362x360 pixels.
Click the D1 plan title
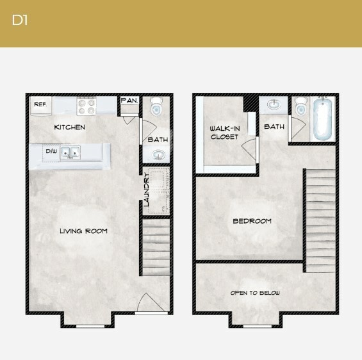coord(20,20)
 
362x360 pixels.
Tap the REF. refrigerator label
coord(40,104)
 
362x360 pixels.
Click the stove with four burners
coord(86,105)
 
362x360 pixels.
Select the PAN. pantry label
coord(129,101)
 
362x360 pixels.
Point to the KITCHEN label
coord(69,127)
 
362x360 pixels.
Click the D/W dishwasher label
coord(51,152)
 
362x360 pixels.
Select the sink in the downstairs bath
coord(158,154)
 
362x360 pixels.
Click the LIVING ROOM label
coord(83,231)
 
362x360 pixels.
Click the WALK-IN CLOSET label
coord(224,133)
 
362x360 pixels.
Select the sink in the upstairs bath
coord(274,104)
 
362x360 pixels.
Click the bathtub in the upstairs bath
coord(322,119)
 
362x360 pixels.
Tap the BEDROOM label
coord(252,221)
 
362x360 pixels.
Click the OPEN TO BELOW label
coord(255,293)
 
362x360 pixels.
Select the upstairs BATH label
coord(274,127)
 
